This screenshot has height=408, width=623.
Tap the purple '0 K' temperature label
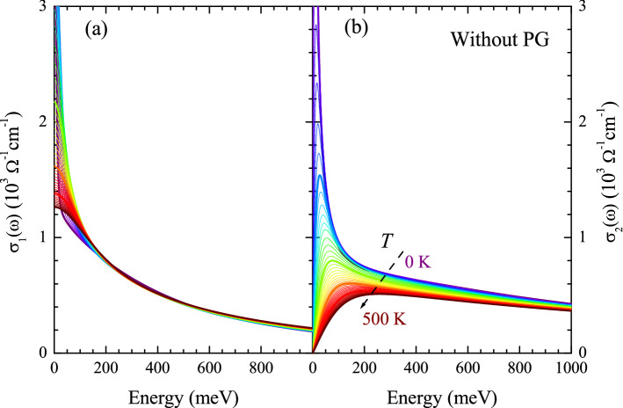point(418,261)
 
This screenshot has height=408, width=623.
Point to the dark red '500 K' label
point(386,318)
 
